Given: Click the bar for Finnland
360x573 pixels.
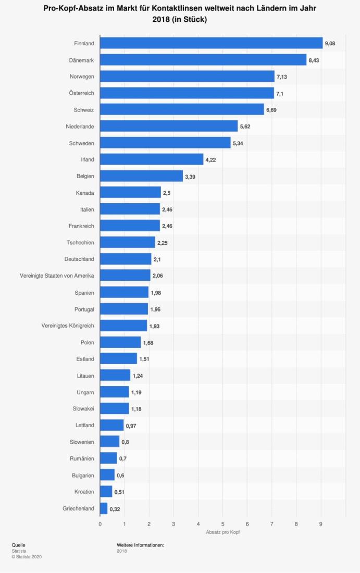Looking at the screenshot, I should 211,43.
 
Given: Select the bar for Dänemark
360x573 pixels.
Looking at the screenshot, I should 203,60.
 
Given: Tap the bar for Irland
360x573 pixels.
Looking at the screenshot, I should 152,159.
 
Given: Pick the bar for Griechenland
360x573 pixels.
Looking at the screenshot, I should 104,508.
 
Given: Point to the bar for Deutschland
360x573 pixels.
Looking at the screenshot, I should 126,259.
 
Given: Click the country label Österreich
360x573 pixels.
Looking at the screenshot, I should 81,93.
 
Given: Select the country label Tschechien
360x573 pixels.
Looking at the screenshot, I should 80,243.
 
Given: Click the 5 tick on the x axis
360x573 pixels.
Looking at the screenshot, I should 222,524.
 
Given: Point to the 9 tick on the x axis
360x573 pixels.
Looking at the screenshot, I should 321,524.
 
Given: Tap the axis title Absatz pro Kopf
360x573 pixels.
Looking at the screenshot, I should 222,532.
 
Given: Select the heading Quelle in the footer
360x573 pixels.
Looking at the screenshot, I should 18,545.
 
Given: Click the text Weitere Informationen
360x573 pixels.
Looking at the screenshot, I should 141,545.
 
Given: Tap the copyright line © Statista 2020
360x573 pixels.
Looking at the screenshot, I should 27,557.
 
